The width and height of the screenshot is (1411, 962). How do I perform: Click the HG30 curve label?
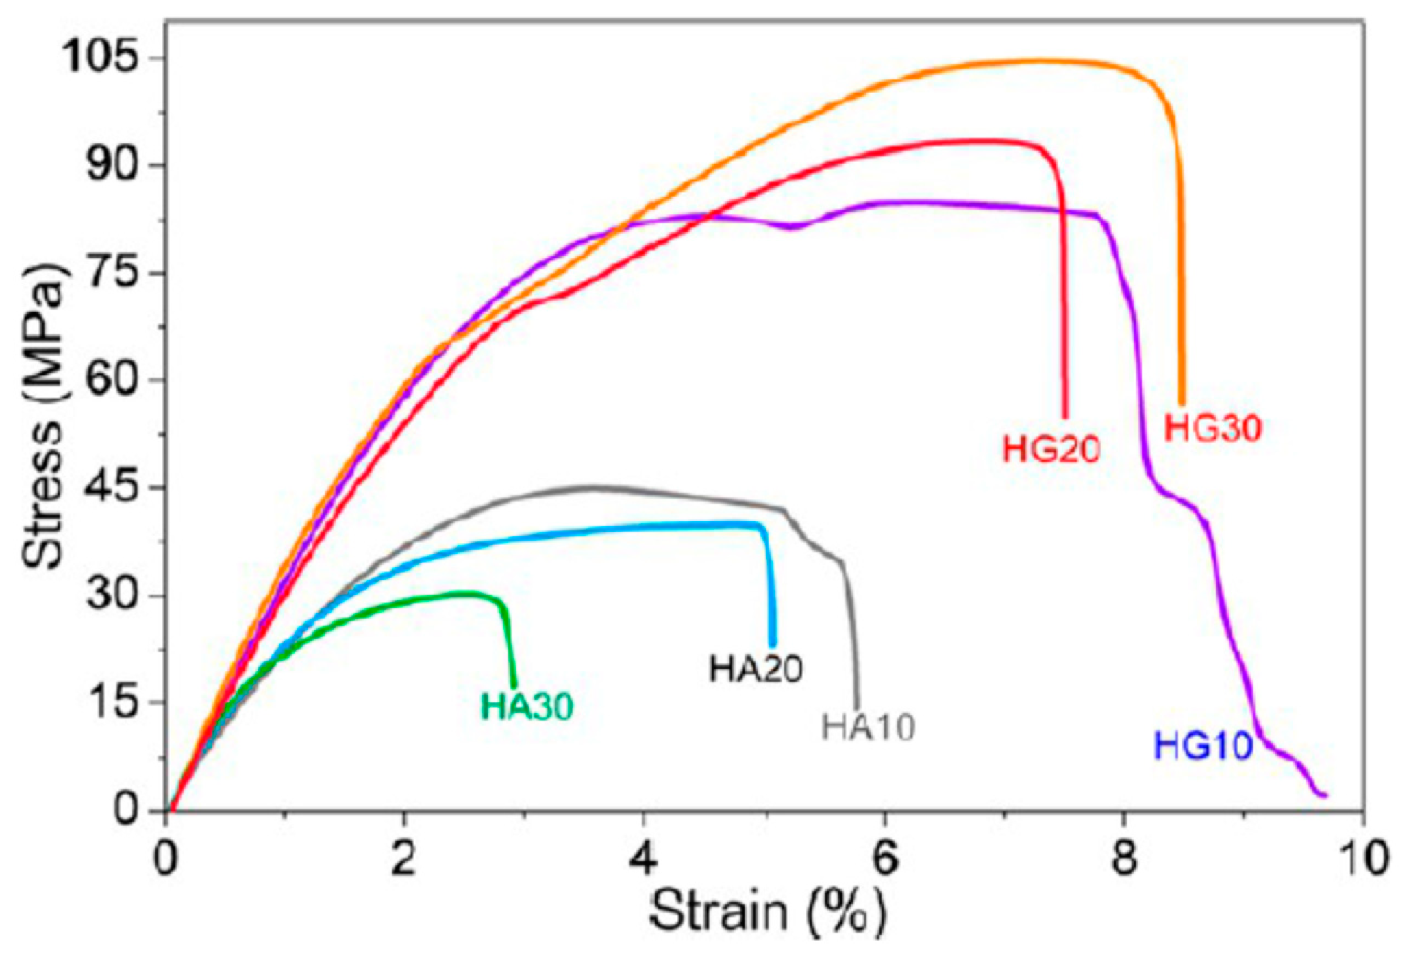point(1212,430)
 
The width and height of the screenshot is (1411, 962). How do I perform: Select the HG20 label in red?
point(1051,450)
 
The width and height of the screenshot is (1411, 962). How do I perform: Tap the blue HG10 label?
point(1203,746)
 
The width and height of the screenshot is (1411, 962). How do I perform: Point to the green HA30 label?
point(526,706)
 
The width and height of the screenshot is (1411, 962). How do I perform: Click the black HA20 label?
point(756,669)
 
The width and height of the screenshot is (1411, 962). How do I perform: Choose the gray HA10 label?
point(868,728)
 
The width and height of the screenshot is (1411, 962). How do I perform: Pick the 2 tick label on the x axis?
point(404,859)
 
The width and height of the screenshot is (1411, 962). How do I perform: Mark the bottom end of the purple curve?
point(1325,795)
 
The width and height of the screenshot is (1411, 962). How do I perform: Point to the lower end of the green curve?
point(514,686)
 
